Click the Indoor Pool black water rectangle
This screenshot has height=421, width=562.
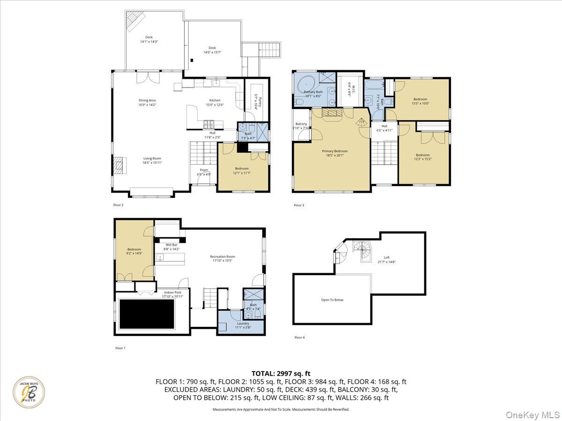pyautogui.click(x=147, y=314)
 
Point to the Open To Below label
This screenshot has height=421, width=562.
pyautogui.click(x=332, y=300)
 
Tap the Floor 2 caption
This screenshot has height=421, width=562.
pyautogui.click(x=118, y=205)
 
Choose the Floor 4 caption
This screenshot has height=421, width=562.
pyautogui.click(x=299, y=337)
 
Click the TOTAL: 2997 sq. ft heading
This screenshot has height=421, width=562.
pyautogui.click(x=281, y=373)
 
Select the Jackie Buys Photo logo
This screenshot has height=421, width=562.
pyautogui.click(x=29, y=392)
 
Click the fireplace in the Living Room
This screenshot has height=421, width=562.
pyautogui.click(x=119, y=165)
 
